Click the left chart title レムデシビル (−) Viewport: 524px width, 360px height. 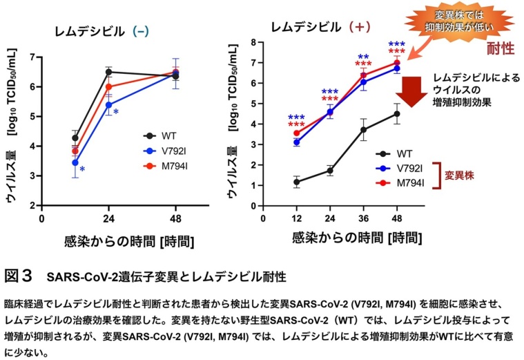coord(101,32)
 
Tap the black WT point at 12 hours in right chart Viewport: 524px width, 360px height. coord(296,182)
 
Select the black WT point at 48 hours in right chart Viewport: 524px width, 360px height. coord(397,114)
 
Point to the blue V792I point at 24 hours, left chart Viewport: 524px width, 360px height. coord(108,105)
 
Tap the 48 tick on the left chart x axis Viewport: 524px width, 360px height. coord(175,218)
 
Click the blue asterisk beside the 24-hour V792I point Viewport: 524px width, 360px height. coord(116,112)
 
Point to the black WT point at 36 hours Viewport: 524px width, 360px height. coord(364,129)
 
